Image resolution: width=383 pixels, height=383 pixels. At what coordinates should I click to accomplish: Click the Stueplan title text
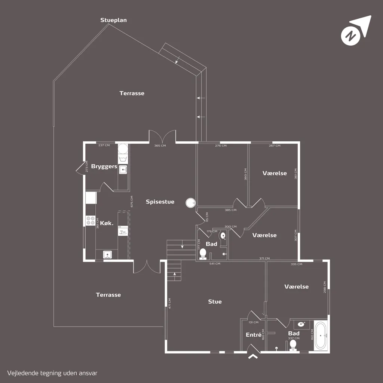tap(114, 20)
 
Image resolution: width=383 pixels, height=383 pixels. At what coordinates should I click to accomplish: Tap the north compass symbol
tap(356, 31)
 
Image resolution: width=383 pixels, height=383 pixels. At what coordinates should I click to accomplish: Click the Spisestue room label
tap(160, 202)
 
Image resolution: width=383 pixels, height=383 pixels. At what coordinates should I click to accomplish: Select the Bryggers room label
tap(104, 166)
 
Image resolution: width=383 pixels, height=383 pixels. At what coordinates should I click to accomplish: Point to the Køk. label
tap(107, 223)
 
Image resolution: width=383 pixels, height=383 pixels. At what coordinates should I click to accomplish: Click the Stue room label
tap(215, 302)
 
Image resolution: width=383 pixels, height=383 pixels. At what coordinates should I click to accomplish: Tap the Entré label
tap(254, 335)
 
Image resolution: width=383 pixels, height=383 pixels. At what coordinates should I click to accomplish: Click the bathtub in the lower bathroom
tap(321, 336)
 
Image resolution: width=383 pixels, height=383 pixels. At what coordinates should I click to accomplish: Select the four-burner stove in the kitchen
tap(91, 221)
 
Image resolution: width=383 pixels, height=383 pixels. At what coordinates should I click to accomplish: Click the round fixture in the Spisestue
tap(190, 203)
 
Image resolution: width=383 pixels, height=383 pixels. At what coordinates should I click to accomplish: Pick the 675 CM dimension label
tap(132, 202)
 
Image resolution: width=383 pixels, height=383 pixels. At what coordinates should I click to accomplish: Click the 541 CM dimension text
tap(215, 264)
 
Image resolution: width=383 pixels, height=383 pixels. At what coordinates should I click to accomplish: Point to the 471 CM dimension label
tap(169, 303)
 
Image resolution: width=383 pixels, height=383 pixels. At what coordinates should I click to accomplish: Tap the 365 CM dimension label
tap(160, 145)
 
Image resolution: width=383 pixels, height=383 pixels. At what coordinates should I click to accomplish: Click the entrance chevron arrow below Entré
tap(253, 356)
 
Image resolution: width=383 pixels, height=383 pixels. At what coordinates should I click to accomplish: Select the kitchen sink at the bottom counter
tap(107, 254)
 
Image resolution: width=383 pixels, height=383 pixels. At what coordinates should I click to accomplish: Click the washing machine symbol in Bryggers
tap(123, 160)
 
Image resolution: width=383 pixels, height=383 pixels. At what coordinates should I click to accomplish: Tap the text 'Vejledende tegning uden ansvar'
tap(52, 373)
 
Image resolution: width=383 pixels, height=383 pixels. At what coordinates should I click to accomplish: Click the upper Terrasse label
tap(132, 93)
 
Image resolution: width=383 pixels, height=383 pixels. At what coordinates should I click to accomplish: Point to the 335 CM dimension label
tap(297, 264)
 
